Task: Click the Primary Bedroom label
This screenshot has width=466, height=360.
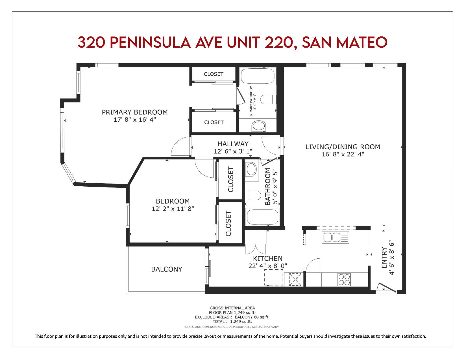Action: (x=135, y=112)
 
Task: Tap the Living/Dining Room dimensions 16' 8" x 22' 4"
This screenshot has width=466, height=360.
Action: (x=343, y=154)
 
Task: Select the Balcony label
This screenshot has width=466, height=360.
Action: (x=166, y=269)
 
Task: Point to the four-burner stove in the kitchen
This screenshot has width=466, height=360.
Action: (x=344, y=279)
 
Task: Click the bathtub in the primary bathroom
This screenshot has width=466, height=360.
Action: (x=258, y=76)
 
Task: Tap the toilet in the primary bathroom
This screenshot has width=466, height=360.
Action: (x=268, y=99)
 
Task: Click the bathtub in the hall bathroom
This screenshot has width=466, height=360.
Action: (x=262, y=217)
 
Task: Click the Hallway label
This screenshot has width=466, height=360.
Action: (x=233, y=144)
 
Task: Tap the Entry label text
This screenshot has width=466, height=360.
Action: (x=384, y=257)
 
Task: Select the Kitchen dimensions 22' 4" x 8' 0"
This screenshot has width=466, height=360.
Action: (x=267, y=266)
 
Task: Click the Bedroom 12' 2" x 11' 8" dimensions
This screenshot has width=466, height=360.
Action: (x=173, y=209)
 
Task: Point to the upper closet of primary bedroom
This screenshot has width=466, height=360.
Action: (x=213, y=74)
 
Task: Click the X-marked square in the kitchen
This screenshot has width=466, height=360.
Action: (x=295, y=279)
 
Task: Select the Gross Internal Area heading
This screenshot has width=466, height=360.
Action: (x=232, y=308)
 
